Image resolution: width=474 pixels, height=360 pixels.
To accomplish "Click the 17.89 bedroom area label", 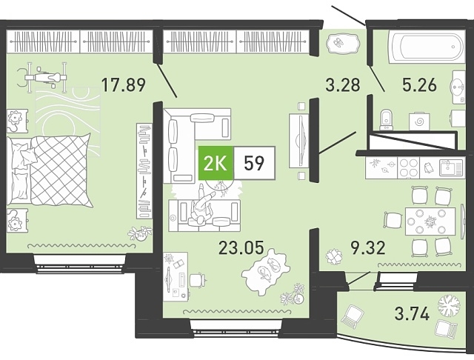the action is click(x=124, y=84).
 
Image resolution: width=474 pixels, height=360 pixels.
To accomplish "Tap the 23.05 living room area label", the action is click(x=241, y=248).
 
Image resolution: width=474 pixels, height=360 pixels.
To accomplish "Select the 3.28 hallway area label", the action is click(x=343, y=84).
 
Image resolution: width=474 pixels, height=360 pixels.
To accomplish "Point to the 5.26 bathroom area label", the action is click(x=419, y=84).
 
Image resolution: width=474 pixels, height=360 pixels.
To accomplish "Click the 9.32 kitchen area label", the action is click(x=368, y=248).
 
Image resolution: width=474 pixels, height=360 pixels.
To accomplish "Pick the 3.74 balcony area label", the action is click(x=412, y=313).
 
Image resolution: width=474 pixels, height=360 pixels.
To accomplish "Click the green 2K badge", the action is click(x=216, y=163).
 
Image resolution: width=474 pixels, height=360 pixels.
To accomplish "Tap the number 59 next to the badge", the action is click(x=254, y=163).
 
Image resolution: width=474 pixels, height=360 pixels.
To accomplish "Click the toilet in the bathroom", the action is click(x=386, y=119).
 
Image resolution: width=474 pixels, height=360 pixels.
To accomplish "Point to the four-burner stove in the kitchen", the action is click(x=408, y=167).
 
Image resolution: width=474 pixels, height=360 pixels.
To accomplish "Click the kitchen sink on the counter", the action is click(x=451, y=167).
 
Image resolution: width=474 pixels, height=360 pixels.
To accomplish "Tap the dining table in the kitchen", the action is click(x=430, y=221).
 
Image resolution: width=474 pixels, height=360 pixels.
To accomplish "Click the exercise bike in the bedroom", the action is click(x=42, y=78).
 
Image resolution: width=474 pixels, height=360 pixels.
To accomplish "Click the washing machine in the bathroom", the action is click(x=418, y=121).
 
